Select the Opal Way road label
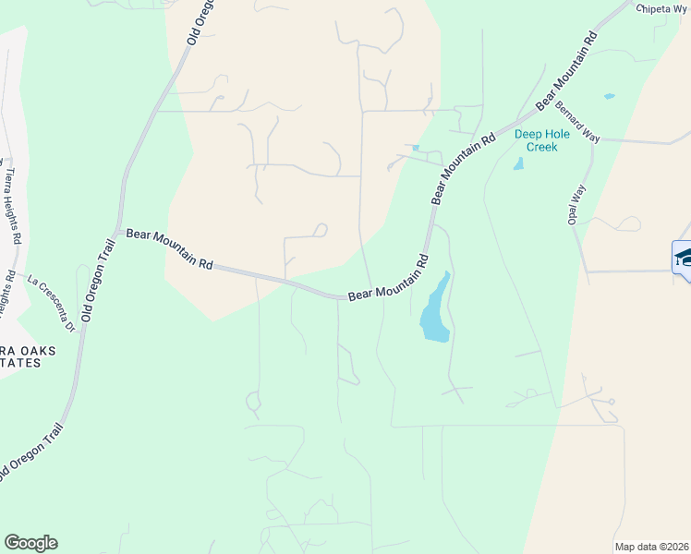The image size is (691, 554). pos(577,205)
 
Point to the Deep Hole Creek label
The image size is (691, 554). pos(536,140)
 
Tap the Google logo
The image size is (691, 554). pos(30,543)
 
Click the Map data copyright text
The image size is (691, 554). pos(651,547)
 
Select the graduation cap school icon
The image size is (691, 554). pos(683,256)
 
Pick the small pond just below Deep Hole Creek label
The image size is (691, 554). pos(518,164)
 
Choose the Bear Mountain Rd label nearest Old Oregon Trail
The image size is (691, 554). pos(169,249)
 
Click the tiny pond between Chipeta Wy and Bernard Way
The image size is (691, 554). pos(608,96)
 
